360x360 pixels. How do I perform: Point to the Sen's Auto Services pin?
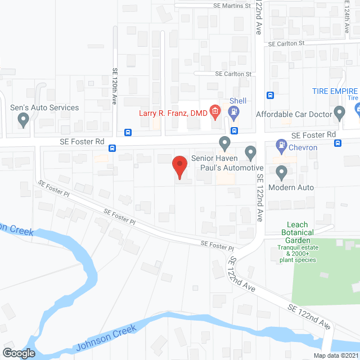pyautogui.click(x=23, y=119)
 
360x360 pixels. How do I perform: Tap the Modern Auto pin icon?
pyautogui.click(x=281, y=172)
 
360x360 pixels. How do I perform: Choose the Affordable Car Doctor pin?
pyautogui.click(x=339, y=113)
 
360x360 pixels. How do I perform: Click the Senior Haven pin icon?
pyautogui.click(x=224, y=144)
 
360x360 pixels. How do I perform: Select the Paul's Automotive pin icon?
pyautogui.click(x=251, y=152)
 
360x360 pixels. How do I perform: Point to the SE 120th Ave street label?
pyautogui.click(x=114, y=84)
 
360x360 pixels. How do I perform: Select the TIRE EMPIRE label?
pyautogui.click(x=335, y=91)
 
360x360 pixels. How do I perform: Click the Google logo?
pyautogui.click(x=19, y=353)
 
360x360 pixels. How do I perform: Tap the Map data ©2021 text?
pyautogui.click(x=335, y=355)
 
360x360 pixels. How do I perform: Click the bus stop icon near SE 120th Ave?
pyautogui.click(x=128, y=133)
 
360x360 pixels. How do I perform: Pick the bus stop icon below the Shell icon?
pyautogui.click(x=234, y=131)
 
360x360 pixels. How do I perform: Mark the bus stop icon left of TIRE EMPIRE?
pyautogui.click(x=271, y=95)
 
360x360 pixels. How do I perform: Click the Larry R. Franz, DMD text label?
pyautogui.click(x=173, y=113)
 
